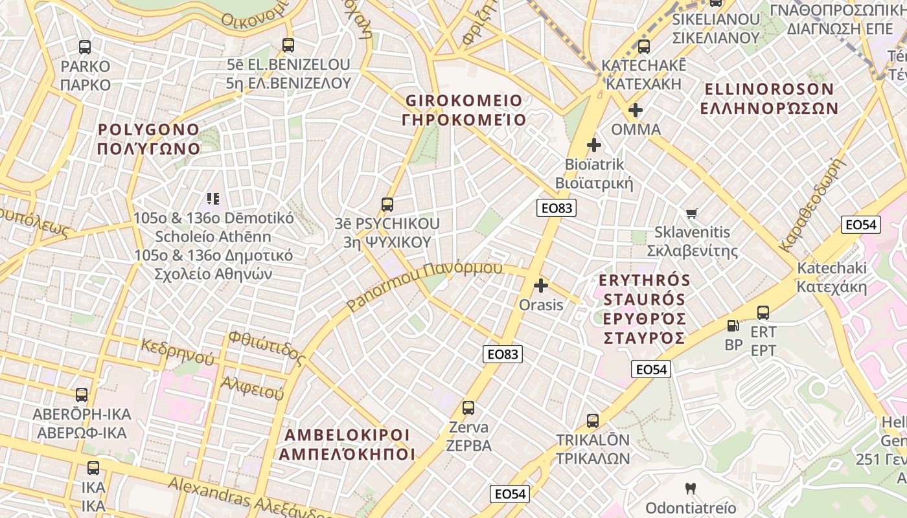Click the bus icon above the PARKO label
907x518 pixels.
(x=85, y=47)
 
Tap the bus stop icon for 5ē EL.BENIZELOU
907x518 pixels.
(x=288, y=45)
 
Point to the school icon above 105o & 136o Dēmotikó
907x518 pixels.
(x=213, y=199)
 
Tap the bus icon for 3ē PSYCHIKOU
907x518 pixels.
(x=387, y=205)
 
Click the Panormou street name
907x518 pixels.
(x=424, y=285)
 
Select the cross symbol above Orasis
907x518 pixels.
(x=541, y=285)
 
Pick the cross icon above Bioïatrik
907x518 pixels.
(x=593, y=145)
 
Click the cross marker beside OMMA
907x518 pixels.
(x=636, y=110)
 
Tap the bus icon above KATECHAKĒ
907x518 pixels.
(x=643, y=47)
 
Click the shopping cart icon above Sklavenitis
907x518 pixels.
(x=692, y=213)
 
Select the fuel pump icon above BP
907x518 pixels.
(x=733, y=326)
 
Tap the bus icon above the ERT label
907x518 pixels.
(x=763, y=313)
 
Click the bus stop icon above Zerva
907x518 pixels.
(x=468, y=408)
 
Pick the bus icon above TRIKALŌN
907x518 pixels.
(x=593, y=421)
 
